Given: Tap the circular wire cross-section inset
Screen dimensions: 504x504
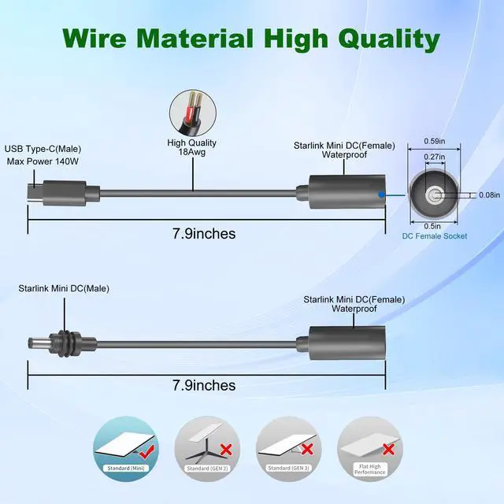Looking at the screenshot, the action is click(192, 113).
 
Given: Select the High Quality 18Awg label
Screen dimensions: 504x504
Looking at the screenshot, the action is click(192, 147).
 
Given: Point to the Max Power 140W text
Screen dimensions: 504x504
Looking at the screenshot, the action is click(43, 161).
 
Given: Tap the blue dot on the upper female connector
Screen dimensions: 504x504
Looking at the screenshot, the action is click(381, 195).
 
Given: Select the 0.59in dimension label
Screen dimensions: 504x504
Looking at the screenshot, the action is click(435, 141).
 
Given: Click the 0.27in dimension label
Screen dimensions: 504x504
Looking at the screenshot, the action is click(435, 157).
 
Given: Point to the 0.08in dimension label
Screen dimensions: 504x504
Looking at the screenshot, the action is click(489, 195).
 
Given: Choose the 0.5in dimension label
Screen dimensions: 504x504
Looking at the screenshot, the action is click(432, 226).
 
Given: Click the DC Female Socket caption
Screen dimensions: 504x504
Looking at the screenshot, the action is click(435, 236).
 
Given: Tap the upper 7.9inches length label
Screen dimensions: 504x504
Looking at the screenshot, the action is click(204, 234).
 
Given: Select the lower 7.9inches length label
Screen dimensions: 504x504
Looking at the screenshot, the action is click(204, 385).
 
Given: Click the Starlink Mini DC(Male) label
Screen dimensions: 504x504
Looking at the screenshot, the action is click(64, 289).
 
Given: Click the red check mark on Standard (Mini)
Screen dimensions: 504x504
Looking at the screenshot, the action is click(146, 450).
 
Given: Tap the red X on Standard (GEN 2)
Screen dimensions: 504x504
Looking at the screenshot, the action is click(226, 449).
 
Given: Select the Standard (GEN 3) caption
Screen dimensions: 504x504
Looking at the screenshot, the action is click(289, 468).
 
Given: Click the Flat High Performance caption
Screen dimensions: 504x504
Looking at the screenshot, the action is click(370, 469).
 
